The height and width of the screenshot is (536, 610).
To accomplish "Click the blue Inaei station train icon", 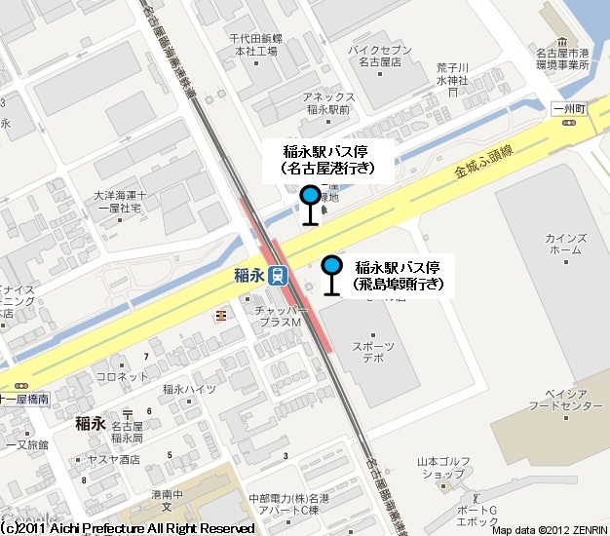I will (x=279, y=276).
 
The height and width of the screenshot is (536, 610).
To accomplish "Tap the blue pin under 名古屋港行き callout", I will (x=311, y=195).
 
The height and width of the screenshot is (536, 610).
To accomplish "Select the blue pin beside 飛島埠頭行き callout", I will (x=332, y=265).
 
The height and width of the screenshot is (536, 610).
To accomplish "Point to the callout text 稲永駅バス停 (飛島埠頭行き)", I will (x=400, y=275).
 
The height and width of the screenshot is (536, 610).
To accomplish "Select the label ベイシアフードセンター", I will (x=557, y=399).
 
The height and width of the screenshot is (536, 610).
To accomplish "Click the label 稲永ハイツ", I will (x=189, y=390).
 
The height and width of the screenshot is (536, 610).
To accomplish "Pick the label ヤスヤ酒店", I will (x=112, y=459).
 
